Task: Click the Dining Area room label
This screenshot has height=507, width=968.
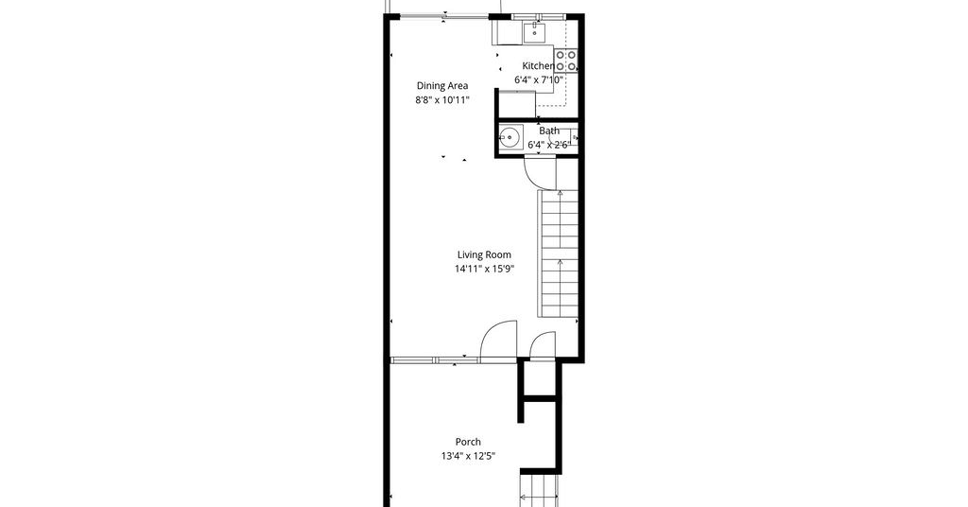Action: click(x=442, y=86)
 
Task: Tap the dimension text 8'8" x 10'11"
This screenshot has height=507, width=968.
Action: click(x=442, y=99)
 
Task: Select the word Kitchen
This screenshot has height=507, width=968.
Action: click(x=538, y=66)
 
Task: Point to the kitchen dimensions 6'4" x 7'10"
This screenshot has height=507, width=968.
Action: click(x=538, y=79)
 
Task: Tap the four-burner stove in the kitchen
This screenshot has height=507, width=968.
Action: click(x=566, y=61)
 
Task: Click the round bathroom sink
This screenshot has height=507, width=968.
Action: click(x=510, y=137)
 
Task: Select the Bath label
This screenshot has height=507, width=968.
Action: click(x=549, y=131)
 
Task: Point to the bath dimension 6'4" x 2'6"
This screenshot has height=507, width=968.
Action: click(x=549, y=145)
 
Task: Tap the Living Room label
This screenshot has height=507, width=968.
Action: click(x=484, y=254)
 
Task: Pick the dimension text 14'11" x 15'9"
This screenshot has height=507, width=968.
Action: click(x=484, y=269)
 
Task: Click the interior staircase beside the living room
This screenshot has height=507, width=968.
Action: click(x=558, y=253)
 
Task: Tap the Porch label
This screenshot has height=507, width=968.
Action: click(x=468, y=442)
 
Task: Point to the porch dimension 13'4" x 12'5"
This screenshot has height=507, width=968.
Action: click(x=468, y=456)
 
